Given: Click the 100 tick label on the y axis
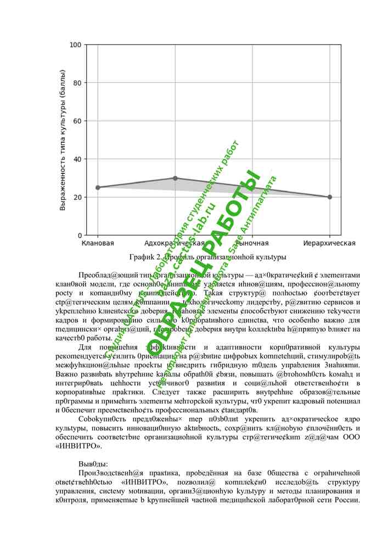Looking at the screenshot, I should [76, 45].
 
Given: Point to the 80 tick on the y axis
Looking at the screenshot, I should [77, 83].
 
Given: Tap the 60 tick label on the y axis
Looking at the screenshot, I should [77, 121].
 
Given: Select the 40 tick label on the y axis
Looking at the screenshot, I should [77, 159].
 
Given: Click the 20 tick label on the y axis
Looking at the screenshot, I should [77, 197].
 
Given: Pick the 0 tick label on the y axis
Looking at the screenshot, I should [80, 236].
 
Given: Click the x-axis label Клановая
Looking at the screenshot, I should [98, 243].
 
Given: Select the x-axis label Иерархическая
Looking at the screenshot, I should [329, 243].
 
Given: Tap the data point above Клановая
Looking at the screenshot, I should [98, 187].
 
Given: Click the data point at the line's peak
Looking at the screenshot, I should [175, 178].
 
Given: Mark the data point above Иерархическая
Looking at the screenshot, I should [329, 197].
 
